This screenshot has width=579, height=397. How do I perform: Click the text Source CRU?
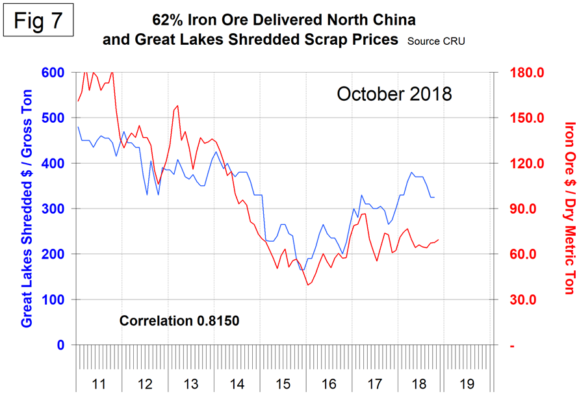pyautogui.click(x=436, y=41)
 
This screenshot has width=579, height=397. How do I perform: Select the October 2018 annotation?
pyautogui.click(x=394, y=94)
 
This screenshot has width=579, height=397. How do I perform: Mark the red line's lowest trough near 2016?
pyautogui.click(x=307, y=285)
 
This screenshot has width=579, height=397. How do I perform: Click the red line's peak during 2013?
pyautogui.click(x=177, y=106)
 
